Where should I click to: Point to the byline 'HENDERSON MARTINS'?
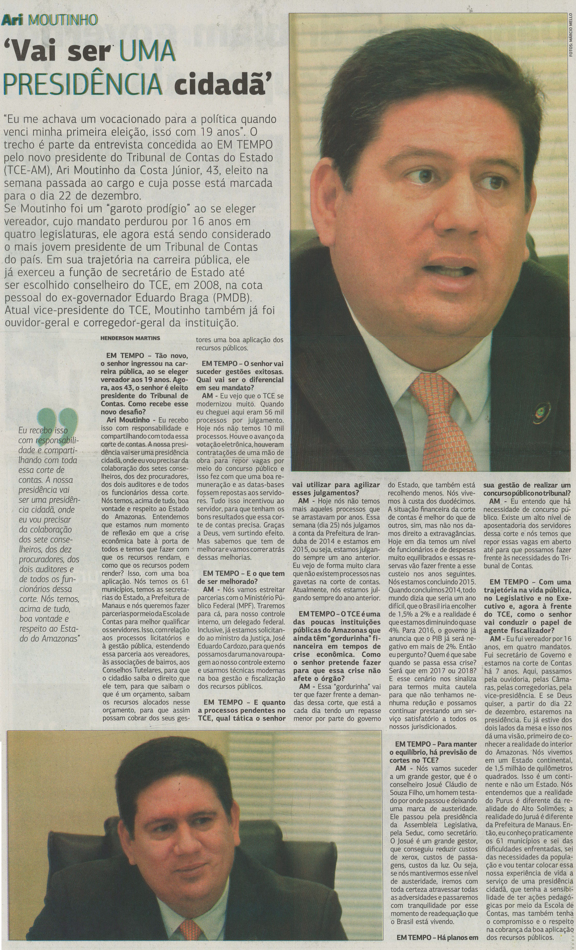click(x=130, y=338)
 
